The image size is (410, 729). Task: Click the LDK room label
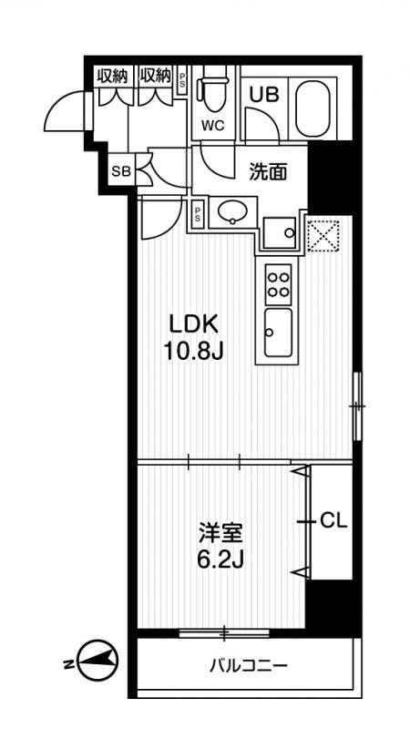click(x=194, y=325)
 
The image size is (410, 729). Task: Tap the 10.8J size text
click(x=194, y=352)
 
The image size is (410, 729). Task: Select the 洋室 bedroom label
click(x=220, y=533)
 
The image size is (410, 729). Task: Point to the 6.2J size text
click(x=220, y=561)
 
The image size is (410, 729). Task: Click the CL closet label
click(x=334, y=521)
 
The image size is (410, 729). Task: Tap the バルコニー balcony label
click(x=248, y=666)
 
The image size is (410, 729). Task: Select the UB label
click(x=264, y=95)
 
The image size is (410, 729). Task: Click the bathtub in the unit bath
click(x=313, y=108)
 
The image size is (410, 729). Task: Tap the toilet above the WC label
click(x=213, y=89)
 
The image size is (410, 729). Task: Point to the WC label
click(x=213, y=125)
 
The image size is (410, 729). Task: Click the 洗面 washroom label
click(x=268, y=172)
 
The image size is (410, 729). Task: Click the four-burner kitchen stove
click(x=279, y=283)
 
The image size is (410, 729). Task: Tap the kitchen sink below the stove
click(x=278, y=333)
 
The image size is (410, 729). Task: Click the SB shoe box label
click(x=122, y=171)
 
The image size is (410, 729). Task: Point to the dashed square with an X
click(x=323, y=236)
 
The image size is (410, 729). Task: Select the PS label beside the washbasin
click(x=199, y=214)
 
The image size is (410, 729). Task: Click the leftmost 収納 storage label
click(x=112, y=76)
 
